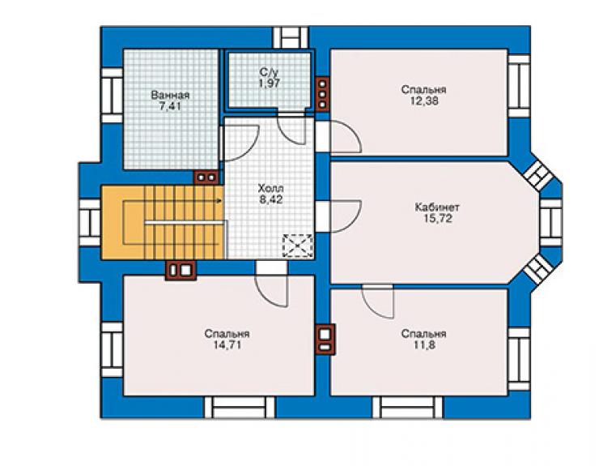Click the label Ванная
(170, 95)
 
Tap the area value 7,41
(170, 106)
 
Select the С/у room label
(270, 72)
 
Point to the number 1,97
(270, 83)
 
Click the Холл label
(271, 188)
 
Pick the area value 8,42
(271, 199)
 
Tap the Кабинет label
(437, 207)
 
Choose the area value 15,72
(437, 219)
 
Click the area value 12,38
(423, 101)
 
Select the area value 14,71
(227, 345)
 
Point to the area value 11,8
(423, 345)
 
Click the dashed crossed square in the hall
(298, 246)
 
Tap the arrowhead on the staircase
(220, 200)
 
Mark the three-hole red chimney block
(323, 94)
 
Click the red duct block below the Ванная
(206, 177)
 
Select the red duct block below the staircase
(181, 270)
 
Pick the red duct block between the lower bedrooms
(325, 340)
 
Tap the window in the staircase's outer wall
(90, 223)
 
